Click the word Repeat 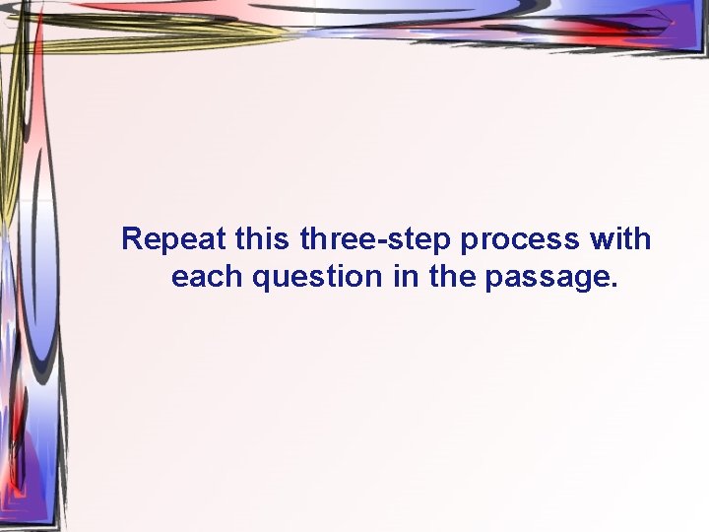[174, 239]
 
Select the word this [264, 239]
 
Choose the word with [621, 239]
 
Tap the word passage [550, 279]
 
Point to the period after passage [614, 287]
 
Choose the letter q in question [263, 281]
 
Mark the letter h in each [235, 277]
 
